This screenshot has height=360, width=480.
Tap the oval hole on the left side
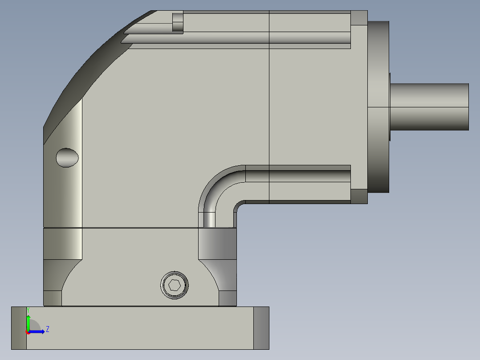click(67, 157)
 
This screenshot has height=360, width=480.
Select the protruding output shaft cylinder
click(430, 107)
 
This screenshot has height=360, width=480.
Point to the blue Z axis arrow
click(38, 331)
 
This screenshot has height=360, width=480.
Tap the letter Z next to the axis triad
click(47, 329)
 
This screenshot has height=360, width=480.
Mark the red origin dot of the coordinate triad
click(28, 332)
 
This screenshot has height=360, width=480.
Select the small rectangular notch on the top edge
click(178, 22)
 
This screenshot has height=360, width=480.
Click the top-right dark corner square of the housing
click(359, 18)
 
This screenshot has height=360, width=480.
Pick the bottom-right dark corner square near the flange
click(359, 196)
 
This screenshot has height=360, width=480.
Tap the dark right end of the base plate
click(261, 328)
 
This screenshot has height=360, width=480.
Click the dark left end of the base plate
click(19, 328)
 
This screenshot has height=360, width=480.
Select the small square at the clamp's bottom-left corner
click(53, 298)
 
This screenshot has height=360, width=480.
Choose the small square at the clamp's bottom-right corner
click(228, 298)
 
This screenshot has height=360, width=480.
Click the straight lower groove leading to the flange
click(298, 176)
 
